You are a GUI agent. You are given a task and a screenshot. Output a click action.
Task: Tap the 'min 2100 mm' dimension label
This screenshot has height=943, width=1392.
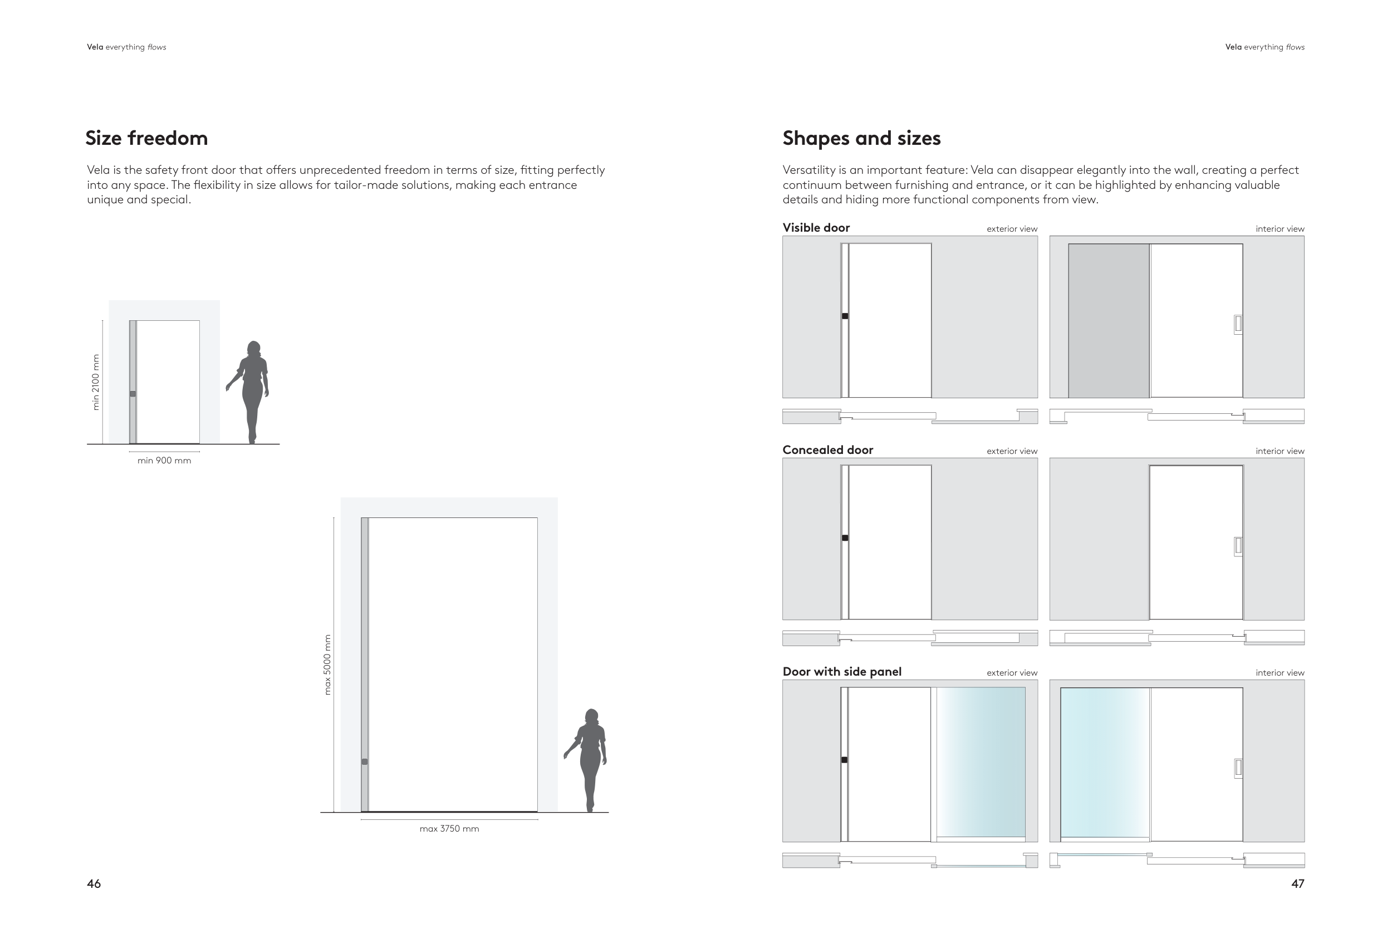[96, 382]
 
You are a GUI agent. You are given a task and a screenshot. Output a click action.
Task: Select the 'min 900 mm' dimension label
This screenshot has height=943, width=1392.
[164, 461]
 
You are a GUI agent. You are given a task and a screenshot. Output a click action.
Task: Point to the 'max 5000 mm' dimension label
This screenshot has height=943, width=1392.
[327, 665]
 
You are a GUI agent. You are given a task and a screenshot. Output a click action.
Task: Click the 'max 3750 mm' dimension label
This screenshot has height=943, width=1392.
[449, 829]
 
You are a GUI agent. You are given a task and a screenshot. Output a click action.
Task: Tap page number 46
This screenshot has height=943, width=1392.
[94, 884]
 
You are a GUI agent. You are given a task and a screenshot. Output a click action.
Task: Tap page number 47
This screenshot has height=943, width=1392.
[1297, 884]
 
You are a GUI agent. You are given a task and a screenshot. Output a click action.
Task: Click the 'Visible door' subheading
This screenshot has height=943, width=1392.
[816, 228]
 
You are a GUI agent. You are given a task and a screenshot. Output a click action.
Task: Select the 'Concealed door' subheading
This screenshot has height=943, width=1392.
[827, 450]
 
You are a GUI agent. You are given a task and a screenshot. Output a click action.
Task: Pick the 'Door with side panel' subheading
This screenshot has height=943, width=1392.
[841, 672]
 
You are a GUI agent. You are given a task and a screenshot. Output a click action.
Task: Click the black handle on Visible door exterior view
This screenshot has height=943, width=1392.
[845, 316]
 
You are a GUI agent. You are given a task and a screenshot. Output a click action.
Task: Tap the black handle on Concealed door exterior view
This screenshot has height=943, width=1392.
[845, 538]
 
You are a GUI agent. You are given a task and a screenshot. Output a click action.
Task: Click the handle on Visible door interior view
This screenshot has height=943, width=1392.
[1238, 324]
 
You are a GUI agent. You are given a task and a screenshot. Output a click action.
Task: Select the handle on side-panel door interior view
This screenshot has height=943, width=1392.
[1238, 768]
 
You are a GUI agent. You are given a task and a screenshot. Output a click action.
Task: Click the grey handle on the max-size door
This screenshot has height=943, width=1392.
[365, 762]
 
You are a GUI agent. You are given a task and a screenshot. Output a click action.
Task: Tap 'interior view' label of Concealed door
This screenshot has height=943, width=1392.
[1280, 451]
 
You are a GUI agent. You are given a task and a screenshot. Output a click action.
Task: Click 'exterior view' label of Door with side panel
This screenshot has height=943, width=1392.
[1012, 673]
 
